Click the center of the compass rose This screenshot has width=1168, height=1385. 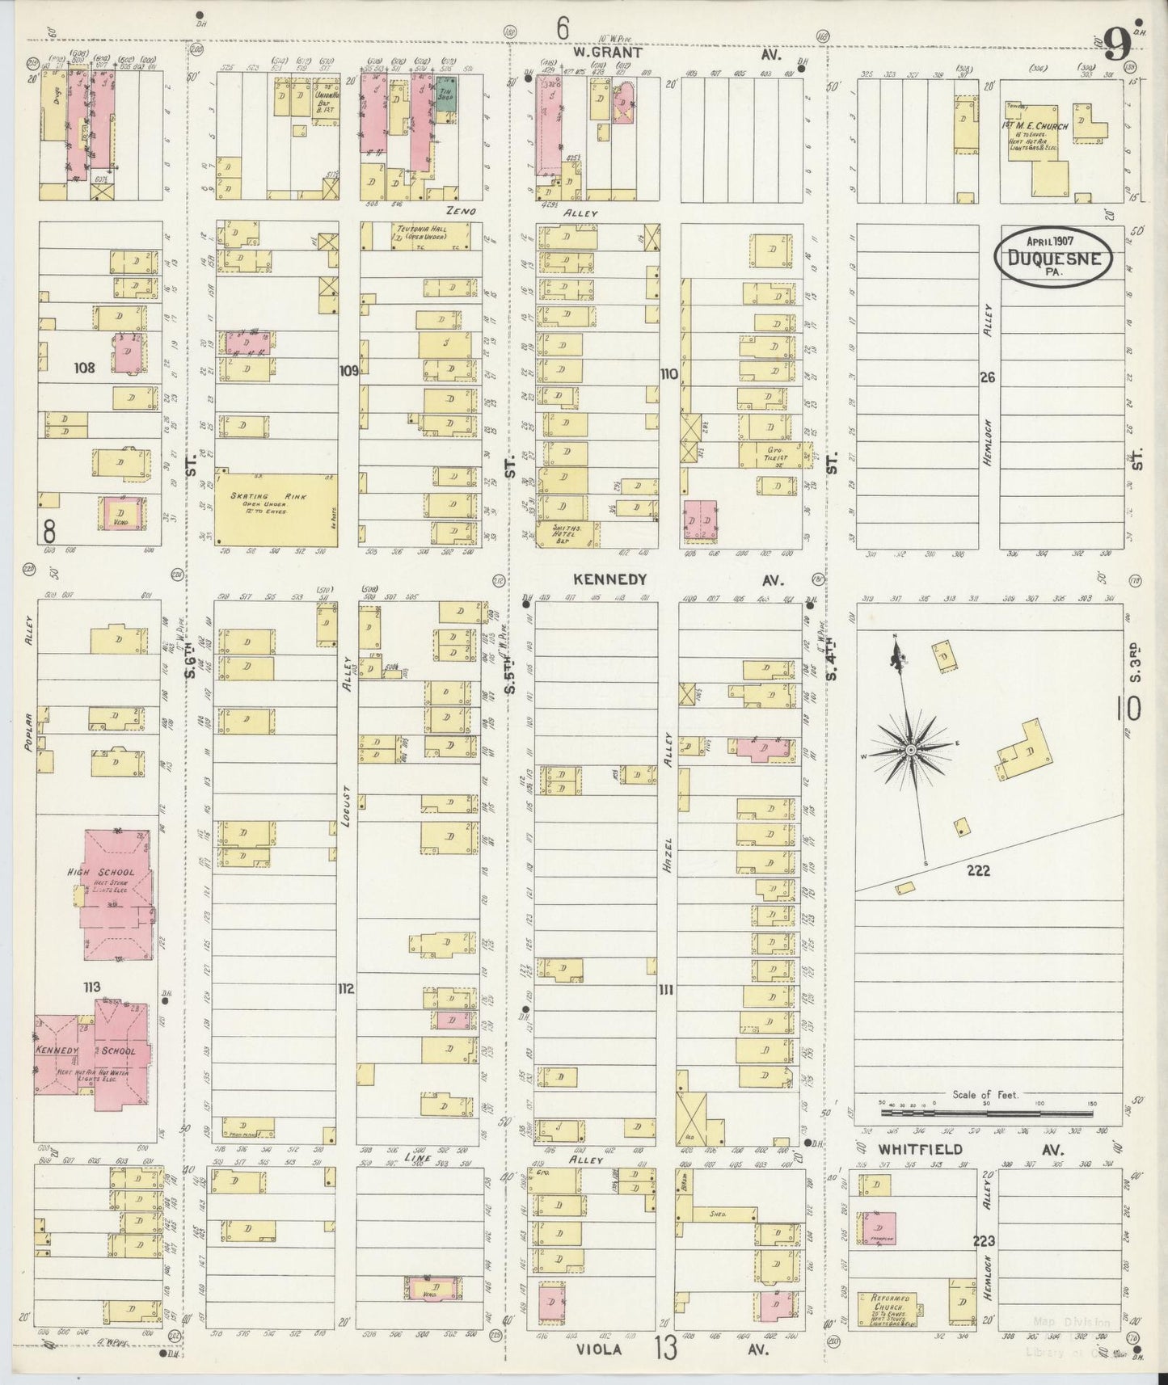[911, 751]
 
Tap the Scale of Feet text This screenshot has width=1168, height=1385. [983, 1095]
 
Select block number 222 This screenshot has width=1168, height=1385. [976, 870]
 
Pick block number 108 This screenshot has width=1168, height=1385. [84, 368]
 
